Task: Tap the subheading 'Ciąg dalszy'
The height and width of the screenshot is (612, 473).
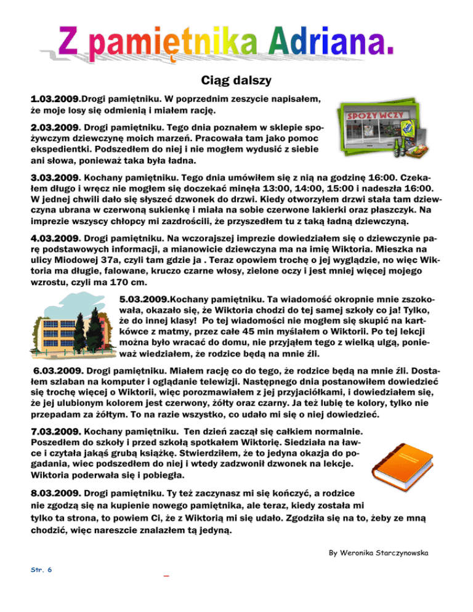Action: click(236, 80)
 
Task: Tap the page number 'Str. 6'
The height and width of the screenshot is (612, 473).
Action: click(41, 570)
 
